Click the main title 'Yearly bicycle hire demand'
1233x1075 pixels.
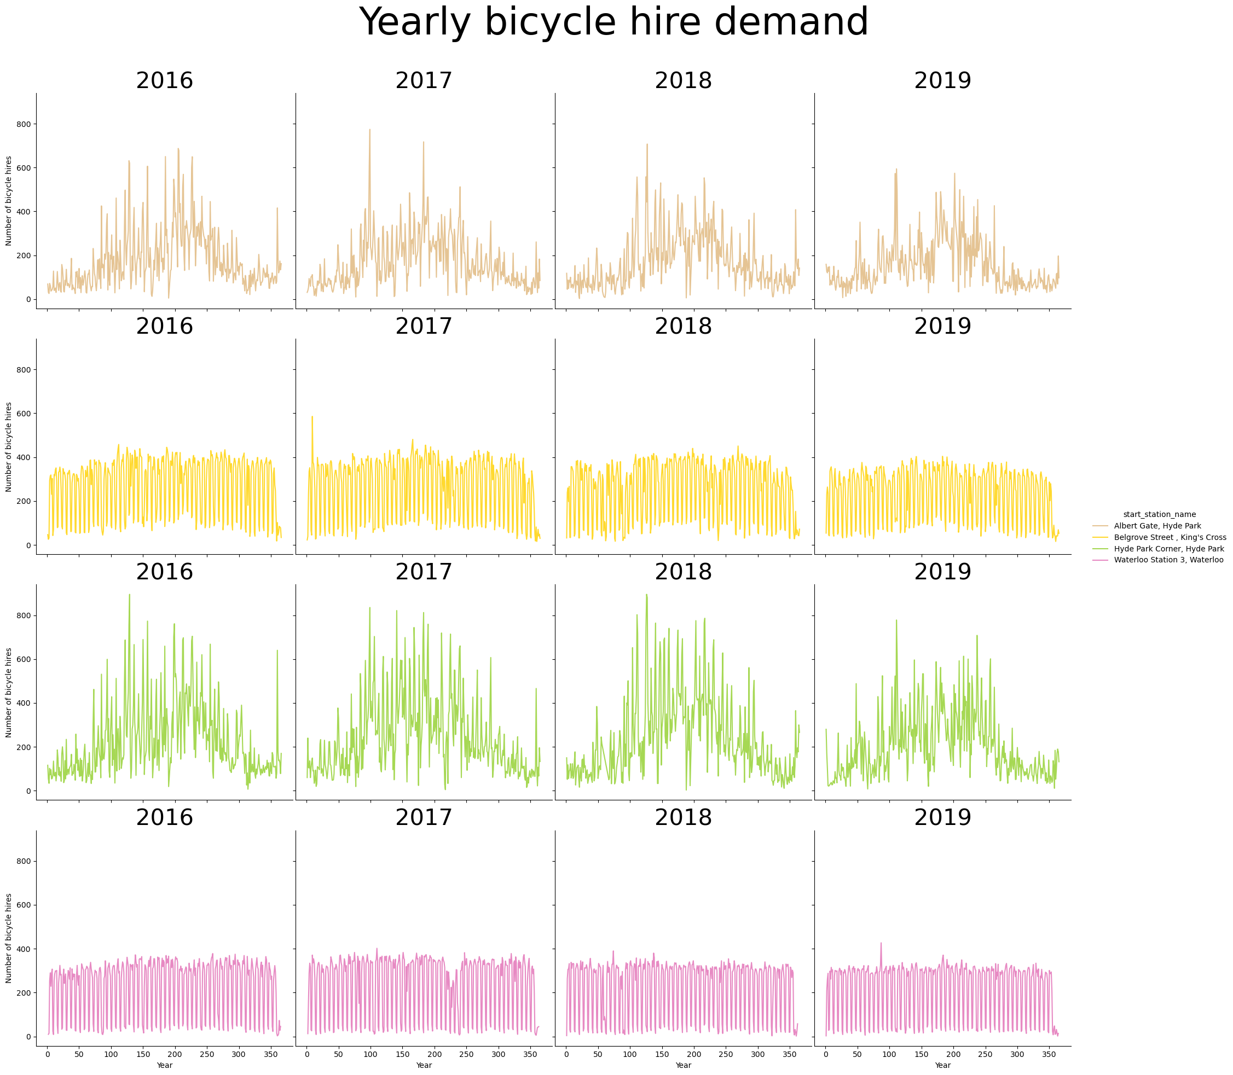tap(616, 23)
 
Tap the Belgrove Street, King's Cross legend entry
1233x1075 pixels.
tap(1170, 537)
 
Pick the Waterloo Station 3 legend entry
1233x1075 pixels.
tap(1167, 560)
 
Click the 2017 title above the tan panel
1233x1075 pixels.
tap(424, 80)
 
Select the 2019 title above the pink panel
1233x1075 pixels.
tap(942, 817)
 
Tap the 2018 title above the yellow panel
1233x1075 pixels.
tap(683, 327)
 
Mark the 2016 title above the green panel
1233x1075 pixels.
tap(164, 572)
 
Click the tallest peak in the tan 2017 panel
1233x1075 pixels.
tap(369, 130)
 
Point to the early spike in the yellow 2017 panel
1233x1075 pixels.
tap(312, 416)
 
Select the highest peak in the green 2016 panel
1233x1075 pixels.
tap(130, 595)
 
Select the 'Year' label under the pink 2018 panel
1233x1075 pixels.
tap(683, 1065)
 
